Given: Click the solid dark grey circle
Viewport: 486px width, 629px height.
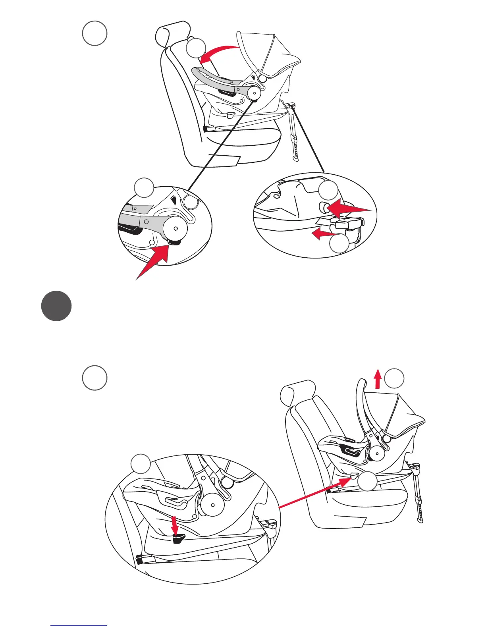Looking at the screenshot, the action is point(56,306).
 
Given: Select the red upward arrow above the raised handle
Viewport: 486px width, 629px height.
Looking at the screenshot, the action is point(378,378).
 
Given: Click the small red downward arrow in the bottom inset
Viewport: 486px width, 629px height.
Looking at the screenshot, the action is point(173,525).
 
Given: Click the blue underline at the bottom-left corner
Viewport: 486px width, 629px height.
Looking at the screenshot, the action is point(79,626).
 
